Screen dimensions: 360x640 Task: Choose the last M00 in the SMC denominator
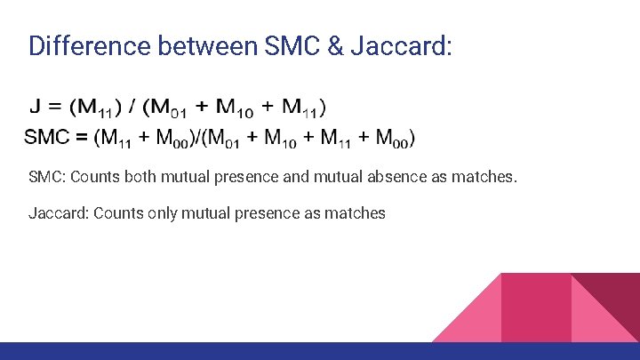coord(392,139)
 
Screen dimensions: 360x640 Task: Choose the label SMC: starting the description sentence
coord(46,177)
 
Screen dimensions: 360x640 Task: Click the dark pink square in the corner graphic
coord(536,307)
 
